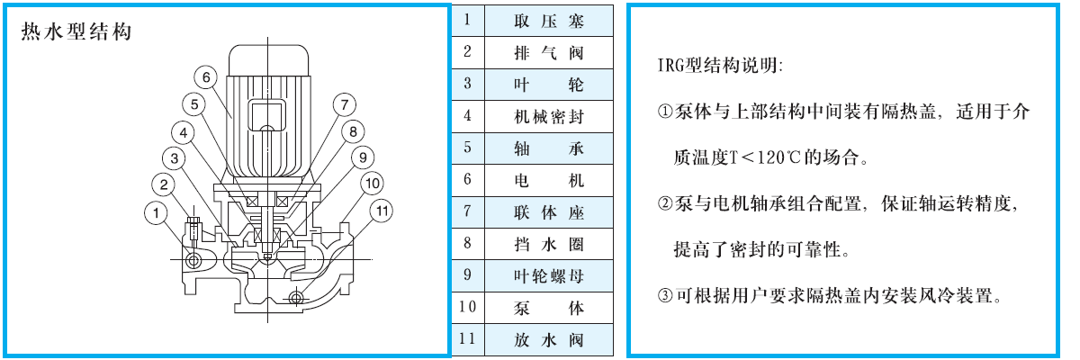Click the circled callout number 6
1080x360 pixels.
pyautogui.click(x=206, y=77)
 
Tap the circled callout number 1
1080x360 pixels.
pyautogui.click(x=156, y=213)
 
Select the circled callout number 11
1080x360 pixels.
pyautogui.click(x=382, y=211)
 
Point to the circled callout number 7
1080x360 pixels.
pyautogui.click(x=344, y=104)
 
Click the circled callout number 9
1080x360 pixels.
pyautogui.click(x=363, y=157)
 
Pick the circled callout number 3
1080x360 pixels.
pyautogui.click(x=174, y=158)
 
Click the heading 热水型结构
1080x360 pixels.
pyautogui.click(x=76, y=31)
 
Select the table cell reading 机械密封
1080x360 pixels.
pyautogui.click(x=549, y=117)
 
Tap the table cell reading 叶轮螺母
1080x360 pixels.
pyautogui.click(x=549, y=276)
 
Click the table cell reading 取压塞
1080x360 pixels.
pyautogui.click(x=549, y=22)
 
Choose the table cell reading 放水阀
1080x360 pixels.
pyautogui.click(x=549, y=340)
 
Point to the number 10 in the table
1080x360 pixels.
pyautogui.click(x=467, y=307)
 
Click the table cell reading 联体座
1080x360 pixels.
pyautogui.click(x=549, y=212)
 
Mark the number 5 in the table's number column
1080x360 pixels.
pyautogui.click(x=467, y=148)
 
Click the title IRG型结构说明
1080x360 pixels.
pyautogui.click(x=720, y=65)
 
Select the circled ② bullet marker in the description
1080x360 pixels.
pyautogui.click(x=665, y=203)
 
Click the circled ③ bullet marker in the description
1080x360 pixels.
pyautogui.click(x=665, y=295)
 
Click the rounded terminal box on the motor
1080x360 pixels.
pyautogui.click(x=266, y=114)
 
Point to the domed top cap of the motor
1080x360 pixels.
pyautogui.click(x=268, y=59)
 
